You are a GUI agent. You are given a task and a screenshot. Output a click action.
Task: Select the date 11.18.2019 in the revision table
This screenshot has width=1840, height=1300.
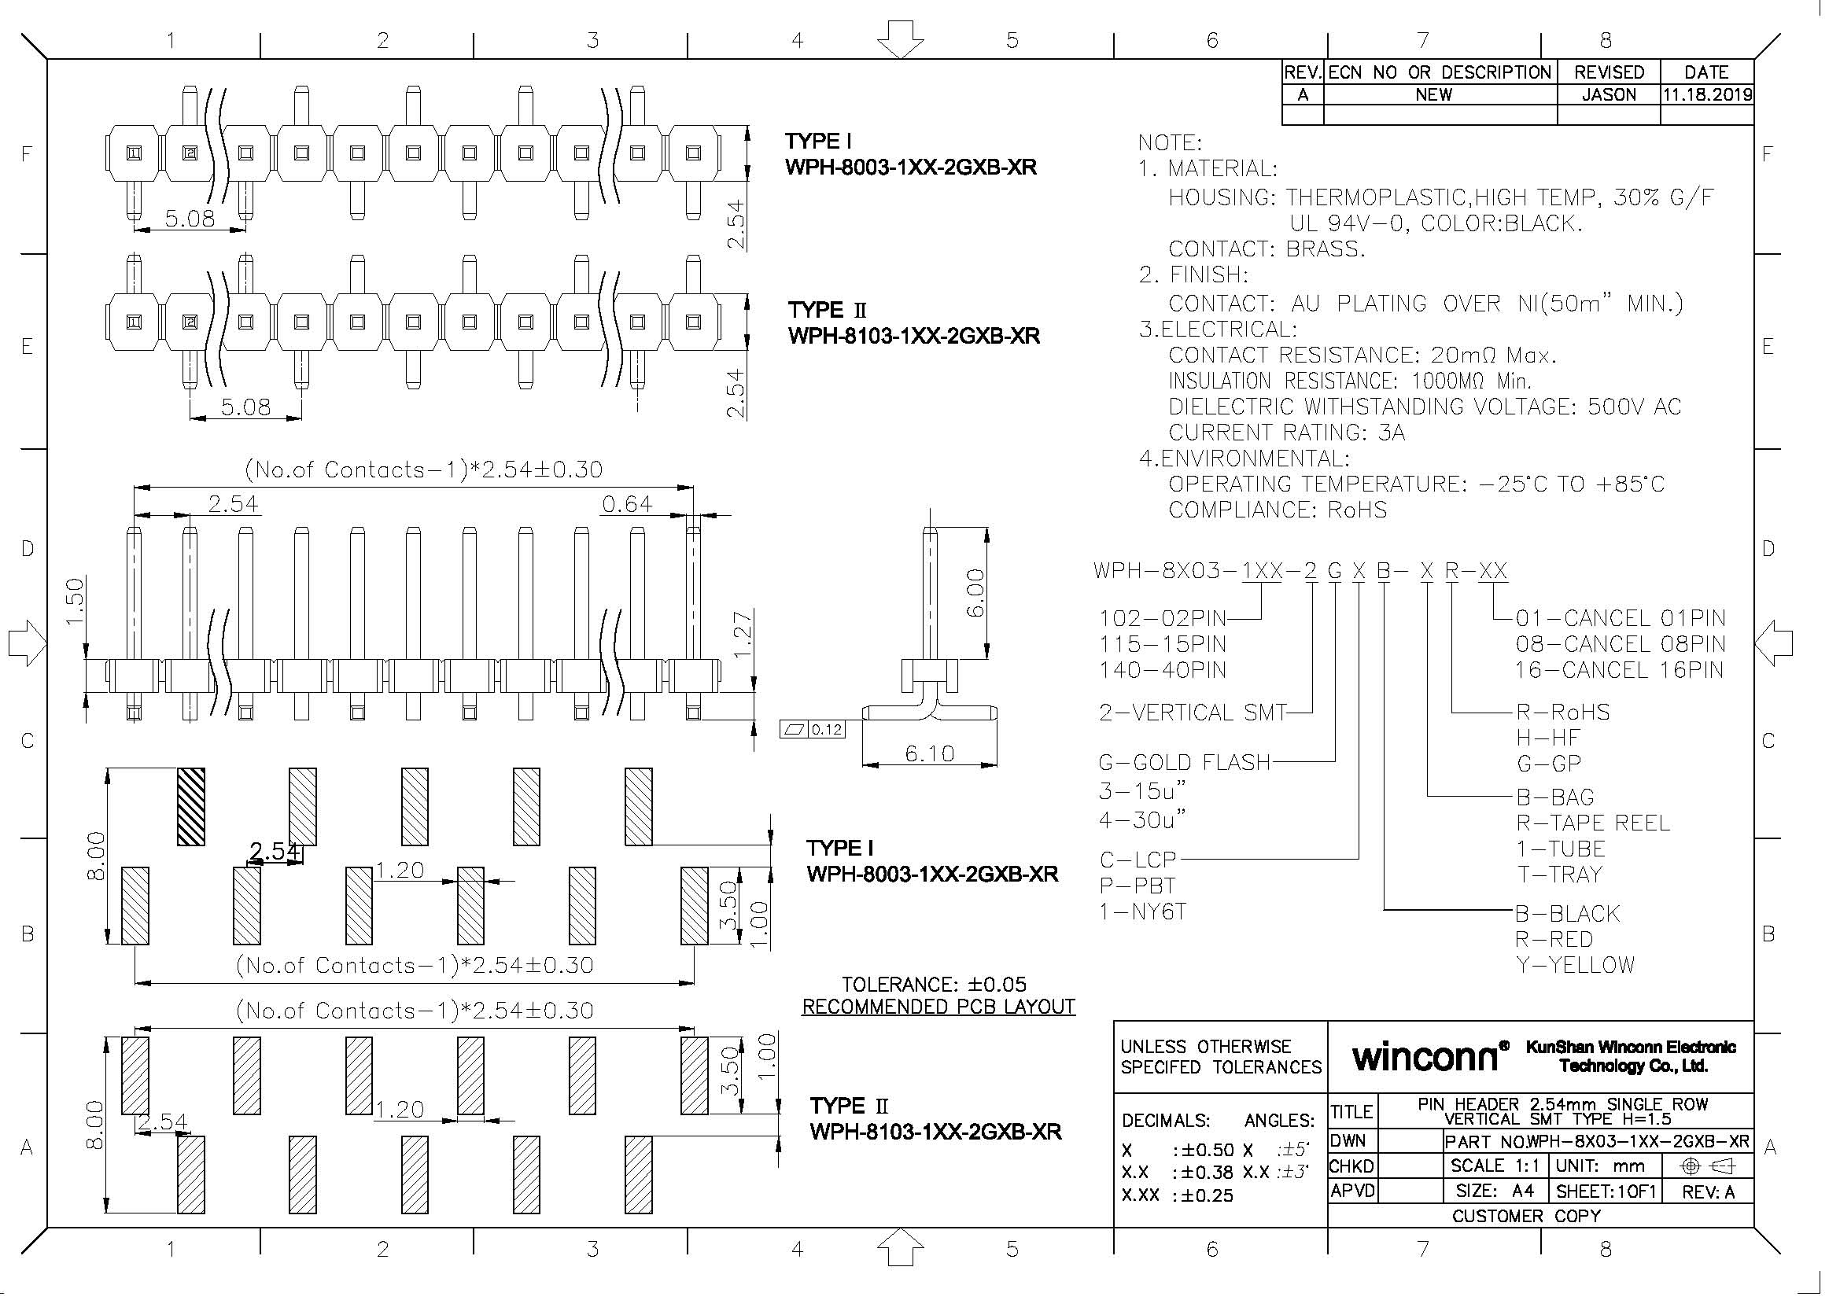click(x=1707, y=95)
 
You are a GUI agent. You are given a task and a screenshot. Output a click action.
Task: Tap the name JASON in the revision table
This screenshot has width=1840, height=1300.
click(x=1609, y=95)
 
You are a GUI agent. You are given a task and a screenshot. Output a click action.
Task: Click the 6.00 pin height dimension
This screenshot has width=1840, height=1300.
click(x=975, y=593)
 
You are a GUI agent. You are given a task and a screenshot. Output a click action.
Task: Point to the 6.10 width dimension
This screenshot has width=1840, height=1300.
click(x=930, y=753)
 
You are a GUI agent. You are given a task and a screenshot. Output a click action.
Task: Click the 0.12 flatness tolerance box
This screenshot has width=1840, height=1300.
click(x=813, y=730)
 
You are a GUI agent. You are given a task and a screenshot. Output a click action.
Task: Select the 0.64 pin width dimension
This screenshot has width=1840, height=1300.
click(x=628, y=505)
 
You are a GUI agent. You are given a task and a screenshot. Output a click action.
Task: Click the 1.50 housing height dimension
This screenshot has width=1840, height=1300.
click(x=76, y=602)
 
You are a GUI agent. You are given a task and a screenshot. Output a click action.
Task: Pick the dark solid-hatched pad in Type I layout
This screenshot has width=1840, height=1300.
click(x=190, y=806)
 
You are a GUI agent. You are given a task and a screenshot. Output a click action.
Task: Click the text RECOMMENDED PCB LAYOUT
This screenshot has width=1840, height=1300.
click(x=938, y=1007)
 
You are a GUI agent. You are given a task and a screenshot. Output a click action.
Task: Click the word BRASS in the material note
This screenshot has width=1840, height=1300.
click(x=1324, y=249)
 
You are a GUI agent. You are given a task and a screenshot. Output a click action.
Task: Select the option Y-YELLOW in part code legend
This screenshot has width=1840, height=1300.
click(x=1575, y=965)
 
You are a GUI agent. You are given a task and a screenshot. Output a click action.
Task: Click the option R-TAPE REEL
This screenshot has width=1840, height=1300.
click(x=1592, y=823)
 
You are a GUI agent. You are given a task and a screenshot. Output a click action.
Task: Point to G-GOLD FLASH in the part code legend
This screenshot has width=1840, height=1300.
click(x=1185, y=763)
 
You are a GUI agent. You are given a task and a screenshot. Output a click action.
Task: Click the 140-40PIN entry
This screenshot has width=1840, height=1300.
click(x=1162, y=670)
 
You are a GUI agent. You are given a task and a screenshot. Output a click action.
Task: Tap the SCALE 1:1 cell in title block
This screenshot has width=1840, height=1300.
click(x=1495, y=1166)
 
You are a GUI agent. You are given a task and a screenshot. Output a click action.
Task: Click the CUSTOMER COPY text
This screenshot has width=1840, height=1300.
click(x=1526, y=1216)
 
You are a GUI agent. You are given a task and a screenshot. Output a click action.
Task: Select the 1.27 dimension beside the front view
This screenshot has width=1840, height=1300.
click(x=743, y=635)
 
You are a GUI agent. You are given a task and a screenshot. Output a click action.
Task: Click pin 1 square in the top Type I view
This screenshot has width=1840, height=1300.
click(x=135, y=153)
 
